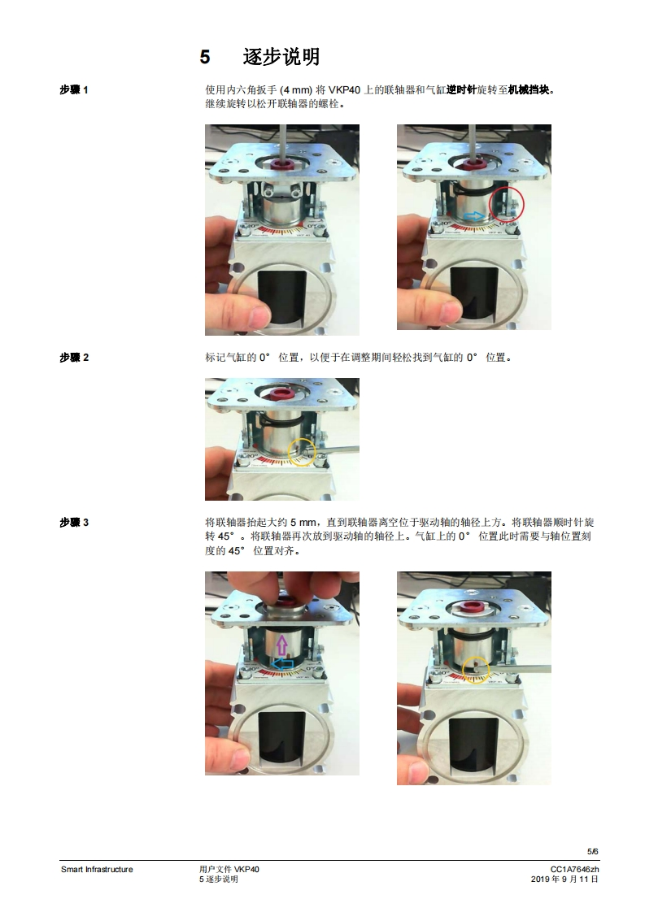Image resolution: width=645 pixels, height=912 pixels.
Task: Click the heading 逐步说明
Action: coord(281,56)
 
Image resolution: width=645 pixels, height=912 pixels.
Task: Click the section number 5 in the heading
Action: coord(205,57)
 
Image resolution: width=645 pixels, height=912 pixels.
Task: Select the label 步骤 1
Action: coord(74,89)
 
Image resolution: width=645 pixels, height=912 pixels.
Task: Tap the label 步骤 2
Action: coord(74,357)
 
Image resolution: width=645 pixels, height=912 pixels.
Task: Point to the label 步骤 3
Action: coord(74,523)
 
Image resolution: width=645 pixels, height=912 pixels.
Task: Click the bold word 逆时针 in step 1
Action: coord(461,89)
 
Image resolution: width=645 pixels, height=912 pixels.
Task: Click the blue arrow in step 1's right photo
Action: coord(474,216)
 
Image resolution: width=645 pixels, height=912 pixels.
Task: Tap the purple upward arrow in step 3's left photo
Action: coord(282,645)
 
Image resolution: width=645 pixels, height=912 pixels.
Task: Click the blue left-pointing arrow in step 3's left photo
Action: coord(283,663)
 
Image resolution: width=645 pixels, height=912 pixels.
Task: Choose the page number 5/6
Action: coord(593,852)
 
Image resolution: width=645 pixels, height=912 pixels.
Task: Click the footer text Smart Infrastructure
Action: coord(97,870)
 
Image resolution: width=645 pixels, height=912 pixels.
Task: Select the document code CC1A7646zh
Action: coord(574,870)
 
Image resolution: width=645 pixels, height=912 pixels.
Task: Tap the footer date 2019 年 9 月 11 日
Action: coord(564,879)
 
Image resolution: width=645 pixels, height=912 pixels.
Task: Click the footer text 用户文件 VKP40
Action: coord(229,870)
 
